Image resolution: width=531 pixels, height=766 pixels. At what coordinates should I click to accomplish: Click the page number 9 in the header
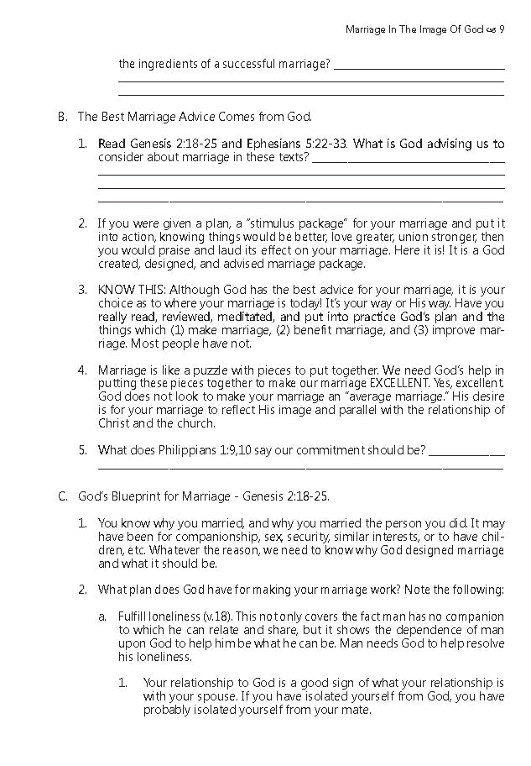501,29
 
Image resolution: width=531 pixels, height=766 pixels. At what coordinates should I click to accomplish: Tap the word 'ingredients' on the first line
166,64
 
